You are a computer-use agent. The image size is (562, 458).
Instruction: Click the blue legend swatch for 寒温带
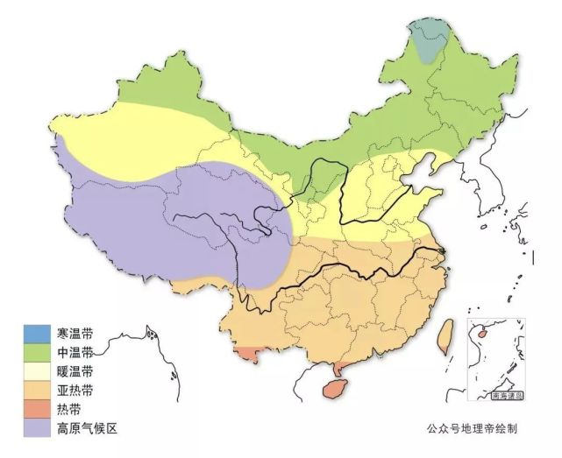click(38, 334)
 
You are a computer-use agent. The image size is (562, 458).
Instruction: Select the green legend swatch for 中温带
click(38, 352)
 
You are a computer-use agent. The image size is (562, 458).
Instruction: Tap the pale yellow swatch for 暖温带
click(38, 371)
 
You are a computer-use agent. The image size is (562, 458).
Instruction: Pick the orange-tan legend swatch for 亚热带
click(38, 390)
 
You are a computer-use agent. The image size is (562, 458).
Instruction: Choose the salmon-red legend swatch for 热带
click(38, 409)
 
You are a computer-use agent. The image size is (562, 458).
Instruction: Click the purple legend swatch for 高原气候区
click(38, 428)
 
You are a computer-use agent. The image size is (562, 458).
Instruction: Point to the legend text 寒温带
click(75, 334)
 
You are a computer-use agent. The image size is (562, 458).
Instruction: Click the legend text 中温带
click(75, 353)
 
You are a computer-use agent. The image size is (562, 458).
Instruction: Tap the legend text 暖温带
click(75, 371)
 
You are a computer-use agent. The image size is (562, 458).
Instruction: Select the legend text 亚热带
click(75, 391)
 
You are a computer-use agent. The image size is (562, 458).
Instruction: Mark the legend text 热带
click(69, 409)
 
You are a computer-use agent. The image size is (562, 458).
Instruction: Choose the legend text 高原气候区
click(87, 428)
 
